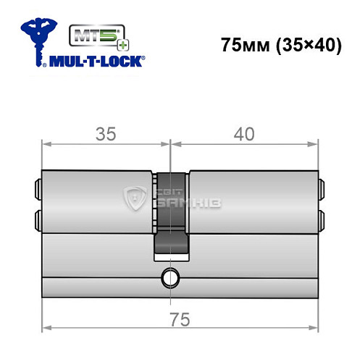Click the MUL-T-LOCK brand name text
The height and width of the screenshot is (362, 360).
coord(93,62)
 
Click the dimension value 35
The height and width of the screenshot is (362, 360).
coord(106,132)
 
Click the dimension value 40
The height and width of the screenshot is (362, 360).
coord(246,132)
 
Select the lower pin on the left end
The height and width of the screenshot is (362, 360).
coord(37,216)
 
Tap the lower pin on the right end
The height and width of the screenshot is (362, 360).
coord(322,216)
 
